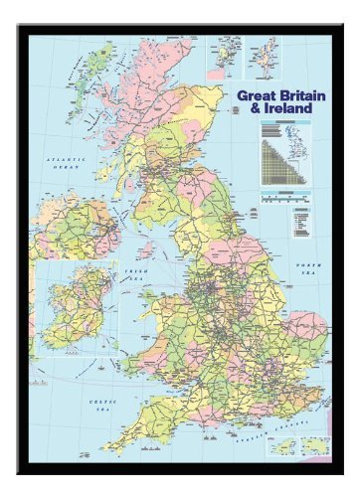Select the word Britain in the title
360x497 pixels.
tap(298, 96)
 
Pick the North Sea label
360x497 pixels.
tap(311, 268)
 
